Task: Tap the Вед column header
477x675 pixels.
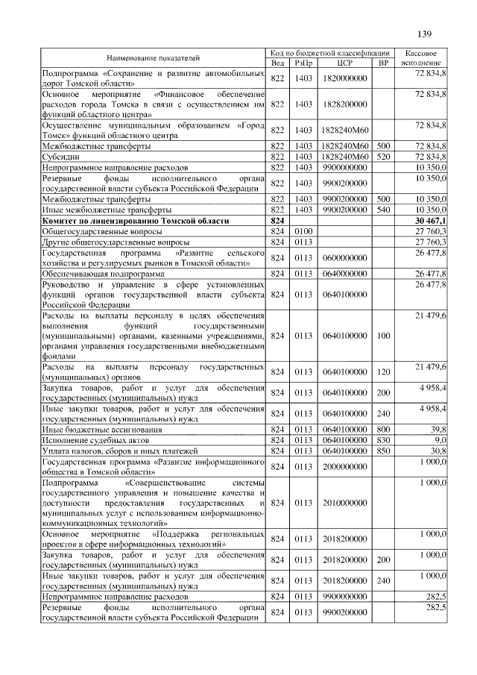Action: coord(278,63)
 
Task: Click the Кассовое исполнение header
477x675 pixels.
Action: coord(425,57)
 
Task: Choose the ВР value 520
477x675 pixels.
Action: coord(384,157)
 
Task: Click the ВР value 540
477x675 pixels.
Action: coord(384,211)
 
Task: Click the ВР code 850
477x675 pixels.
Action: coord(384,450)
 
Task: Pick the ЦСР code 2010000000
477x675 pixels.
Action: coord(344,503)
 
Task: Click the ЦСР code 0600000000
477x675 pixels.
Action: coord(344,257)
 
